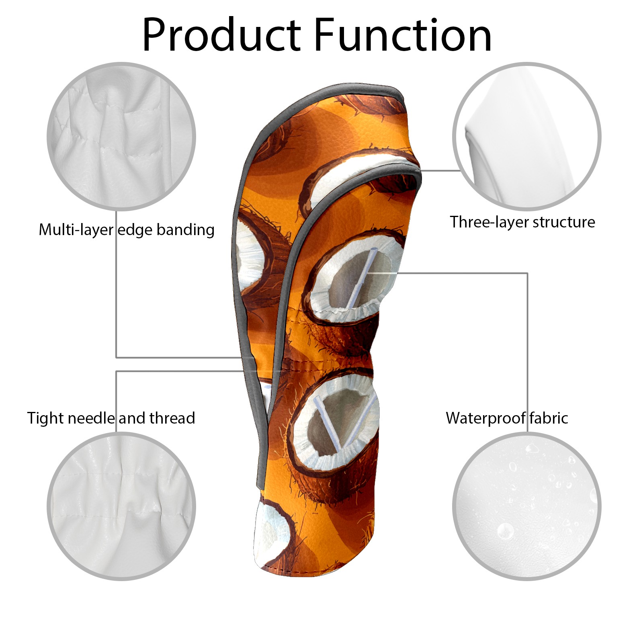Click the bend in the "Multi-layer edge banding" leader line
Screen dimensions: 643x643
117,357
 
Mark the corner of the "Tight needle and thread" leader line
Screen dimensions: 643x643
117,371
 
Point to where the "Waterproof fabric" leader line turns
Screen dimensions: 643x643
527,274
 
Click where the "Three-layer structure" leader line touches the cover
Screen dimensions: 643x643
420,170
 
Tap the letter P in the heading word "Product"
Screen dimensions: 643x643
155,35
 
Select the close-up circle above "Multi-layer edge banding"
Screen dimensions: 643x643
121,136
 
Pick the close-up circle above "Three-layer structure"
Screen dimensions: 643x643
527,136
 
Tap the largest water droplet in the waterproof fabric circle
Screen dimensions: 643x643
505,531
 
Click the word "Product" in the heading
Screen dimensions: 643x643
222,35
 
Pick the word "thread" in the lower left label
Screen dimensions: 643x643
172,418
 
